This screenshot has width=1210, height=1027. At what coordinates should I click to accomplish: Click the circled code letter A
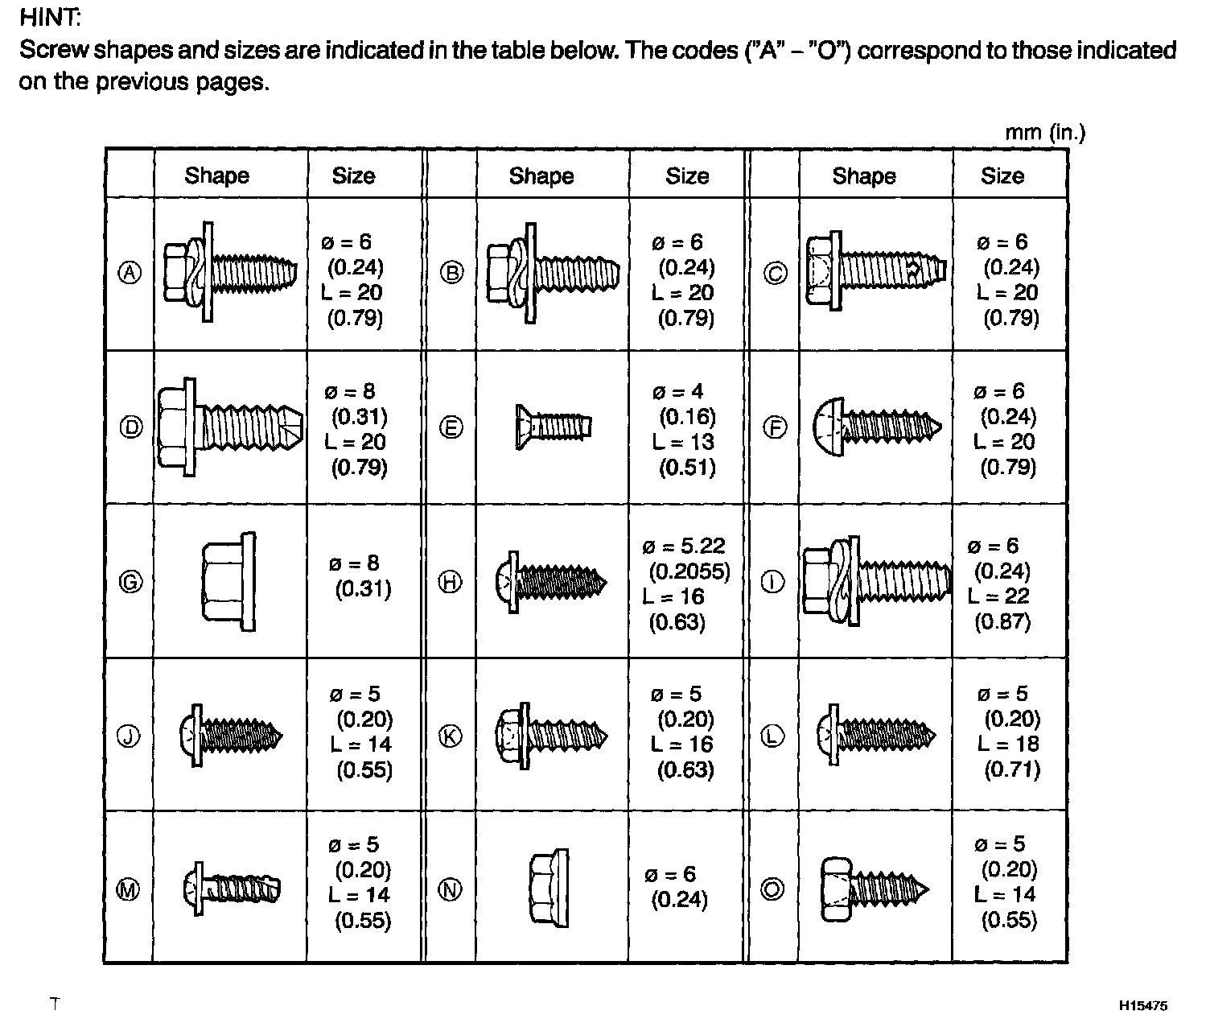pyautogui.click(x=130, y=273)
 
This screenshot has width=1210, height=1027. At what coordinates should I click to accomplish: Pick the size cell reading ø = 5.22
pyautogui.click(x=685, y=547)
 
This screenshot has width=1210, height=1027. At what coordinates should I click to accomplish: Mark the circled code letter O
pyautogui.click(x=772, y=889)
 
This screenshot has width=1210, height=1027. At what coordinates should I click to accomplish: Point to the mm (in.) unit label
pyautogui.click(x=1044, y=132)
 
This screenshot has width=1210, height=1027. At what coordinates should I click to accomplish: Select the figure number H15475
pyautogui.click(x=1142, y=1005)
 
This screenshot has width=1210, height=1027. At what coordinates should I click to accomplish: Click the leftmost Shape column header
pyautogui.click(x=216, y=175)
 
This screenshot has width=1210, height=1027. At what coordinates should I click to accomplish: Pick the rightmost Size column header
pyautogui.click(x=1002, y=175)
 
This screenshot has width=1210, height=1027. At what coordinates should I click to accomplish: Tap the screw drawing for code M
pyautogui.click(x=232, y=889)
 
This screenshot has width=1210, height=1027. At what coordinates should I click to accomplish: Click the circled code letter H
pyautogui.click(x=451, y=582)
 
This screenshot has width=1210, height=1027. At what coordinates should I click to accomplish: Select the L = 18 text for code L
pyautogui.click(x=1008, y=744)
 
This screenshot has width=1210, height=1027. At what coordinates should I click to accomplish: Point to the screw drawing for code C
pyautogui.click(x=875, y=272)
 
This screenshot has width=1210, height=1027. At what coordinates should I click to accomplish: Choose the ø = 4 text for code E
pyautogui.click(x=678, y=392)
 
